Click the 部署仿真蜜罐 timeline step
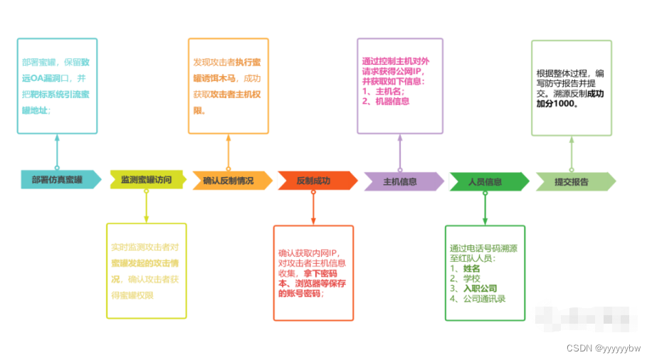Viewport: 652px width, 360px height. click(57, 181)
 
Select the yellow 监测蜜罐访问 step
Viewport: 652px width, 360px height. click(147, 181)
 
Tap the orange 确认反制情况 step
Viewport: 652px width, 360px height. click(228, 181)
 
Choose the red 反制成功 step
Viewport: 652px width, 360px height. click(313, 181)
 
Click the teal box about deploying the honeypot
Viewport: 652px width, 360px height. click(57, 86)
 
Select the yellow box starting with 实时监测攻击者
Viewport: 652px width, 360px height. click(147, 270)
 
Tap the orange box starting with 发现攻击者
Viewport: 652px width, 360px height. click(228, 86)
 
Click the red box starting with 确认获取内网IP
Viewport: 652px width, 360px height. click(313, 272)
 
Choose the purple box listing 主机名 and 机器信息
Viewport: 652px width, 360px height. click(400, 86)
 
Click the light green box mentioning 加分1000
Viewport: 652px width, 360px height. click(572, 88)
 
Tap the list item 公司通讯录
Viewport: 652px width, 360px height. click(483, 299)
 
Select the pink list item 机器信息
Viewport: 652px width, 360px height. click(389, 101)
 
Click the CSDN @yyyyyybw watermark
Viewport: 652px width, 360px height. click(603, 349)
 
